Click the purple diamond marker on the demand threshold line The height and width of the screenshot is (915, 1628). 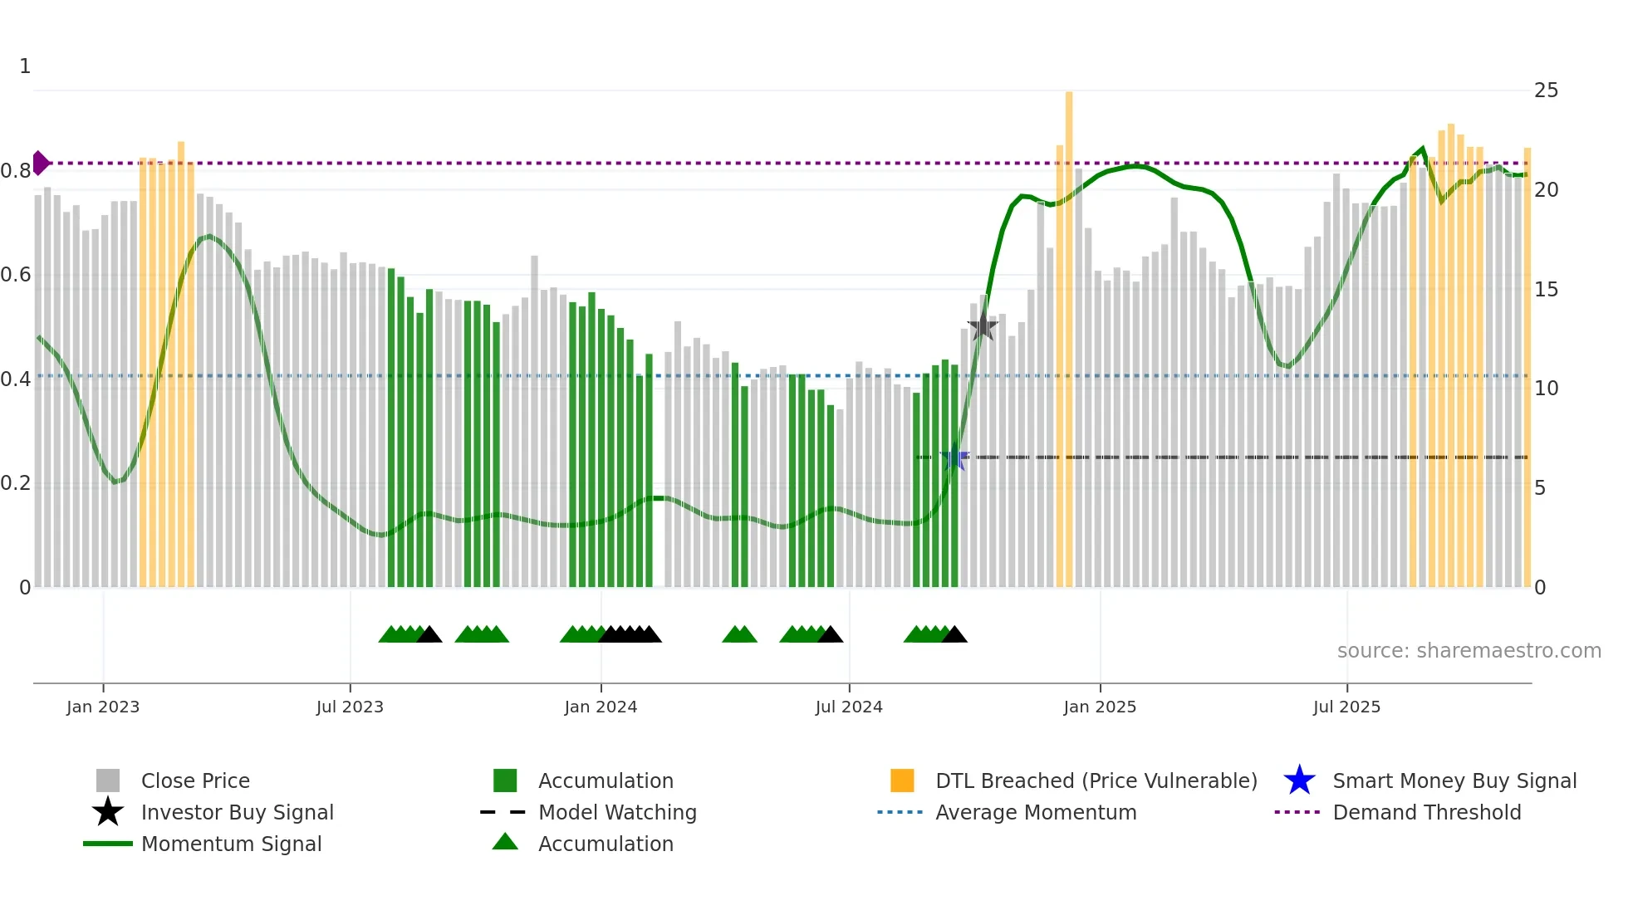pyautogui.click(x=40, y=163)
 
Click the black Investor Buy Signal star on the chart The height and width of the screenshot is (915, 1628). pyautogui.click(x=983, y=326)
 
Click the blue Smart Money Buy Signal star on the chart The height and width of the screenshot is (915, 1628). pyautogui.click(x=954, y=458)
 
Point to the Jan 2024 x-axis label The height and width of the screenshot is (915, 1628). pyautogui.click(x=601, y=707)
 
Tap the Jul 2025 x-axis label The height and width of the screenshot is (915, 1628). pyautogui.click(x=1346, y=707)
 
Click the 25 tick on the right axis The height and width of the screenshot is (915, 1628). pyautogui.click(x=1546, y=91)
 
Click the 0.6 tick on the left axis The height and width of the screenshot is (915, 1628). pyautogui.click(x=17, y=275)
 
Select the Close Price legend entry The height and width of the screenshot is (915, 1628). pyautogui.click(x=195, y=781)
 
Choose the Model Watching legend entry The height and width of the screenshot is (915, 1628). pyautogui.click(x=617, y=813)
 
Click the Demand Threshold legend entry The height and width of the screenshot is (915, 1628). pyautogui.click(x=1426, y=813)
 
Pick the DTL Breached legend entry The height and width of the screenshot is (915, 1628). pyautogui.click(x=1096, y=781)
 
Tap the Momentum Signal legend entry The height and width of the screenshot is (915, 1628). pyautogui.click(x=231, y=844)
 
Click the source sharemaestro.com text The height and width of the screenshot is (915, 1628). pyautogui.click(x=1469, y=651)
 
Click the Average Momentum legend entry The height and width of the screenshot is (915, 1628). pyautogui.click(x=1036, y=813)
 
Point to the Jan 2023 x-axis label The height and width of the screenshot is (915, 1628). pyautogui.click(x=103, y=707)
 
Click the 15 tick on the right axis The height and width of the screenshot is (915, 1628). pyautogui.click(x=1546, y=290)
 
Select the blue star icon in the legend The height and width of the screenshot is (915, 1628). pyautogui.click(x=1299, y=781)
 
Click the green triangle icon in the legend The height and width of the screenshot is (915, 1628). pyautogui.click(x=505, y=843)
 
